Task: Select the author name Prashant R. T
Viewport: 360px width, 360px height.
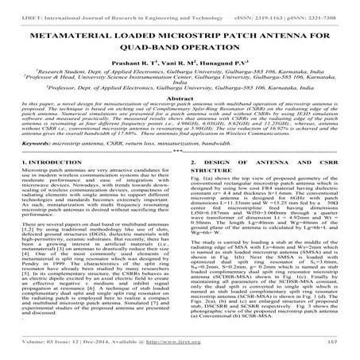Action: [x=124, y=63]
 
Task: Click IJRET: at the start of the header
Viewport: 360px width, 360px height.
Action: [x=19, y=6]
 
